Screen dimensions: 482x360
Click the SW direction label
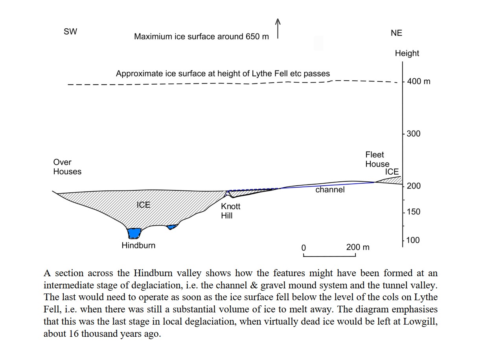[x=70, y=31]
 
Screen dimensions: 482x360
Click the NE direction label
[x=396, y=33]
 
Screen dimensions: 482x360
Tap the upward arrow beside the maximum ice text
[x=278, y=29]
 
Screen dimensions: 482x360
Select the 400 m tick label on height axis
[x=419, y=81]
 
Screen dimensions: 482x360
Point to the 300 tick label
[x=414, y=133]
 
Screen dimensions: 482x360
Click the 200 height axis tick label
[x=414, y=186]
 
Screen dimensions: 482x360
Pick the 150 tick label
[x=414, y=212]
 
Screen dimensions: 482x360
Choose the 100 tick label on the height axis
[x=413, y=240]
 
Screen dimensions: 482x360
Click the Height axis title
[x=407, y=53]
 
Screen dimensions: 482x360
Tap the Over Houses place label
[x=67, y=167]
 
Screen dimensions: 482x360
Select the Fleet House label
[x=377, y=159]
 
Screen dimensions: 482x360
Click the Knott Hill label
[x=230, y=211]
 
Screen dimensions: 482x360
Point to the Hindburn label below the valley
[x=138, y=246]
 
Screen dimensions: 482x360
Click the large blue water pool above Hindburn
[x=134, y=233]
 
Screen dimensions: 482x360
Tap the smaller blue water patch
[x=172, y=227]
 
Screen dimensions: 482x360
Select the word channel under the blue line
[x=330, y=190]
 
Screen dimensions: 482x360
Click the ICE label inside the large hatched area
[x=143, y=205]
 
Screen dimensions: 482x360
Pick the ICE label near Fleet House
[x=392, y=172]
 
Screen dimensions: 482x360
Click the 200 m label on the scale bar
[x=358, y=247]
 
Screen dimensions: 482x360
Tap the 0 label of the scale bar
[x=304, y=248]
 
